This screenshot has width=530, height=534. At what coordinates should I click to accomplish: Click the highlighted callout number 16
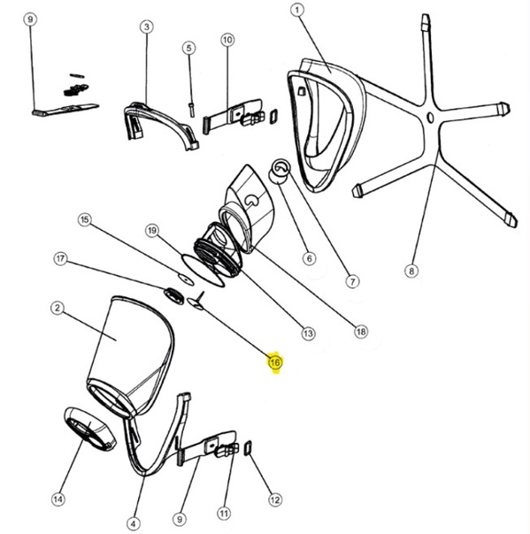pyautogui.click(x=275, y=362)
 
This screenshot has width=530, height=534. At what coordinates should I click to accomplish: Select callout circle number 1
pyautogui.click(x=297, y=10)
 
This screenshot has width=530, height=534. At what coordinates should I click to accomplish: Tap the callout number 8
pyautogui.click(x=411, y=271)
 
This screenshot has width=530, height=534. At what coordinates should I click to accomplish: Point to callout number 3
pyautogui.click(x=147, y=27)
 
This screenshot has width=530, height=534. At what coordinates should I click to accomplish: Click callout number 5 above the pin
pyautogui.click(x=189, y=48)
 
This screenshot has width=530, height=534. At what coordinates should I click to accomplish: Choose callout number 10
pyautogui.click(x=227, y=40)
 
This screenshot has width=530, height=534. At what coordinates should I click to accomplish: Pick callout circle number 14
pyautogui.click(x=58, y=500)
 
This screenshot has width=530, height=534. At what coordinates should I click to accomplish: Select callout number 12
pyautogui.click(x=275, y=500)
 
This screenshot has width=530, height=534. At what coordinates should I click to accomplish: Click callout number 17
pyautogui.click(x=60, y=259)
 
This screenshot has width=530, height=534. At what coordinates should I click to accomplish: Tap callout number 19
pyautogui.click(x=152, y=231)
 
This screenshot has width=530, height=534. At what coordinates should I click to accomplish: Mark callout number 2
pyautogui.click(x=58, y=309)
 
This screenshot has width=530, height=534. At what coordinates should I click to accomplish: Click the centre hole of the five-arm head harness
pyautogui.click(x=430, y=118)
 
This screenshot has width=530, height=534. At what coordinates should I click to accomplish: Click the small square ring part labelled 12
pyautogui.click(x=248, y=448)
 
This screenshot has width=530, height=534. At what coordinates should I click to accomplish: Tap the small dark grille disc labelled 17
pyautogui.click(x=174, y=295)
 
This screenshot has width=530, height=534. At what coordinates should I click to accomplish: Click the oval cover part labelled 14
pyautogui.click(x=90, y=429)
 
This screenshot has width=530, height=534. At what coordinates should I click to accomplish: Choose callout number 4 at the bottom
pyautogui.click(x=134, y=523)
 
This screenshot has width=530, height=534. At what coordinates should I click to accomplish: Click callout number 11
pyautogui.click(x=224, y=513)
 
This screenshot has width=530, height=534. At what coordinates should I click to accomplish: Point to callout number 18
pyautogui.click(x=361, y=331)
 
